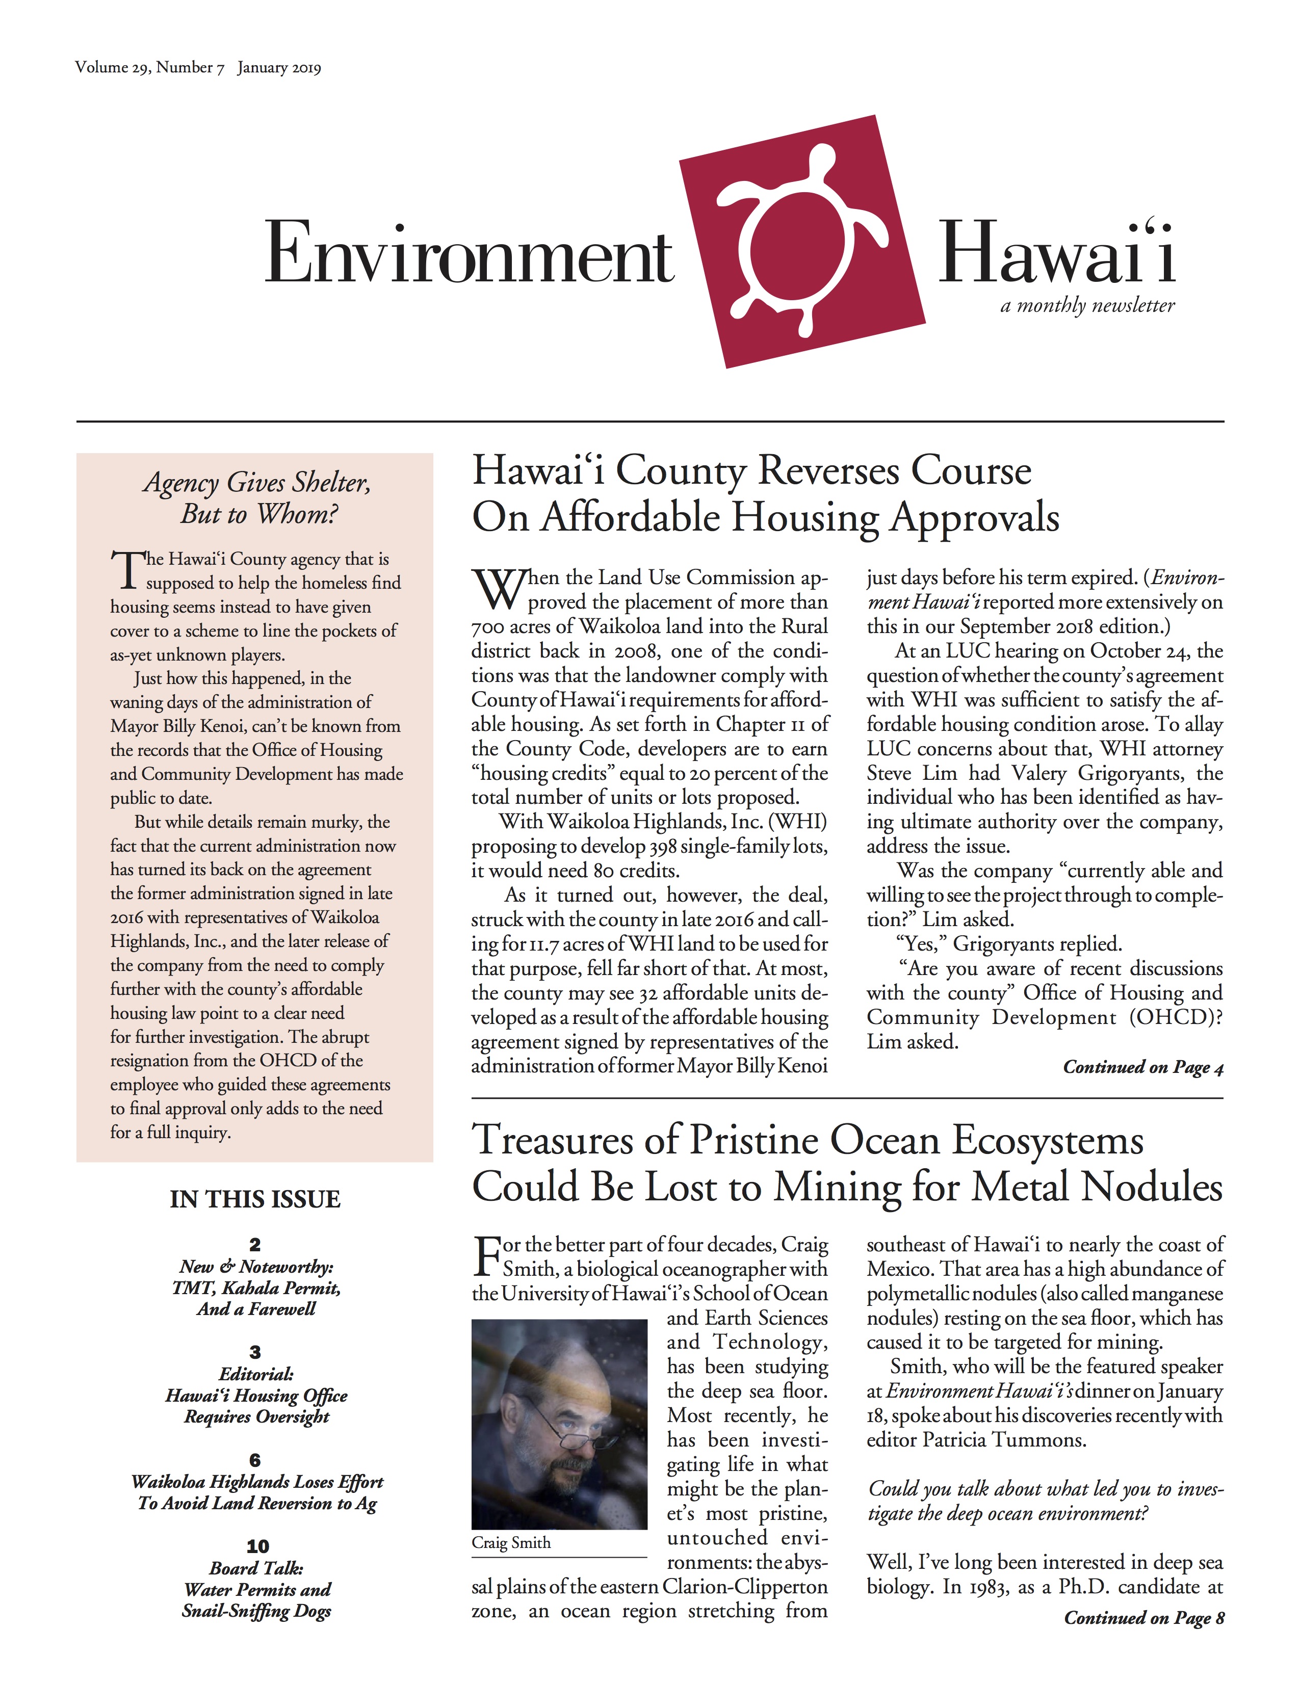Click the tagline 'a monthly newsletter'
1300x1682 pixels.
[x=1087, y=306]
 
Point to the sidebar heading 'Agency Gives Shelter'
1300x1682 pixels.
[x=256, y=483]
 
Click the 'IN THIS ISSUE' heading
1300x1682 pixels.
[x=255, y=1199]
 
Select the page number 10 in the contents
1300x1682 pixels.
[x=257, y=1546]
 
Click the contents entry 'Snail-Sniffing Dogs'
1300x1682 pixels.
[x=256, y=1611]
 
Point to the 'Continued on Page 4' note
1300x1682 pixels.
[x=1143, y=1067]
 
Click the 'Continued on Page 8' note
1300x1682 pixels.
[x=1143, y=1618]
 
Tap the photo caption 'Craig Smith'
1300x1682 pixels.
[x=511, y=1543]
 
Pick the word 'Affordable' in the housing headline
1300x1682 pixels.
[x=630, y=517]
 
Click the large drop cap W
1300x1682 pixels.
[x=498, y=590]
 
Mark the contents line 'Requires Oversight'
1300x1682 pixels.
[x=256, y=1417]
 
